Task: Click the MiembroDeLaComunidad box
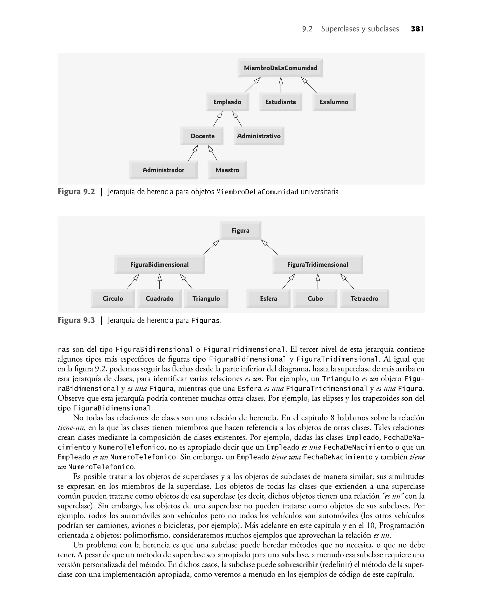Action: pyautogui.click(x=280, y=68)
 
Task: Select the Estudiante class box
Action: pyautogui.click(x=280, y=102)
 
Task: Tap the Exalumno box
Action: pyautogui.click(x=334, y=102)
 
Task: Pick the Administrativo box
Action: pyautogui.click(x=259, y=136)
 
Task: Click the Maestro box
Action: pyautogui.click(x=227, y=170)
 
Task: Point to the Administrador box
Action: pyautogui.click(x=163, y=170)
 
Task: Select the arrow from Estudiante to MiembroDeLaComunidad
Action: pyautogui.click(x=281, y=85)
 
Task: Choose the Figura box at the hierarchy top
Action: pyautogui.click(x=240, y=231)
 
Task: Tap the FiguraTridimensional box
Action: pyautogui.click(x=318, y=265)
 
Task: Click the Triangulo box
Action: pyautogui.click(x=206, y=298)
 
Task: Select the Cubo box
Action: pyautogui.click(x=315, y=298)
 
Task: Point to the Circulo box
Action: pyautogui.click(x=113, y=298)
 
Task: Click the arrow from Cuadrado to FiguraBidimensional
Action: pyautogui.click(x=159, y=281)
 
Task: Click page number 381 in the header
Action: pyautogui.click(x=417, y=29)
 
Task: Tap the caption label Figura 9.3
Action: pyautogui.click(x=76, y=320)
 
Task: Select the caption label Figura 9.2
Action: pyautogui.click(x=76, y=192)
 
